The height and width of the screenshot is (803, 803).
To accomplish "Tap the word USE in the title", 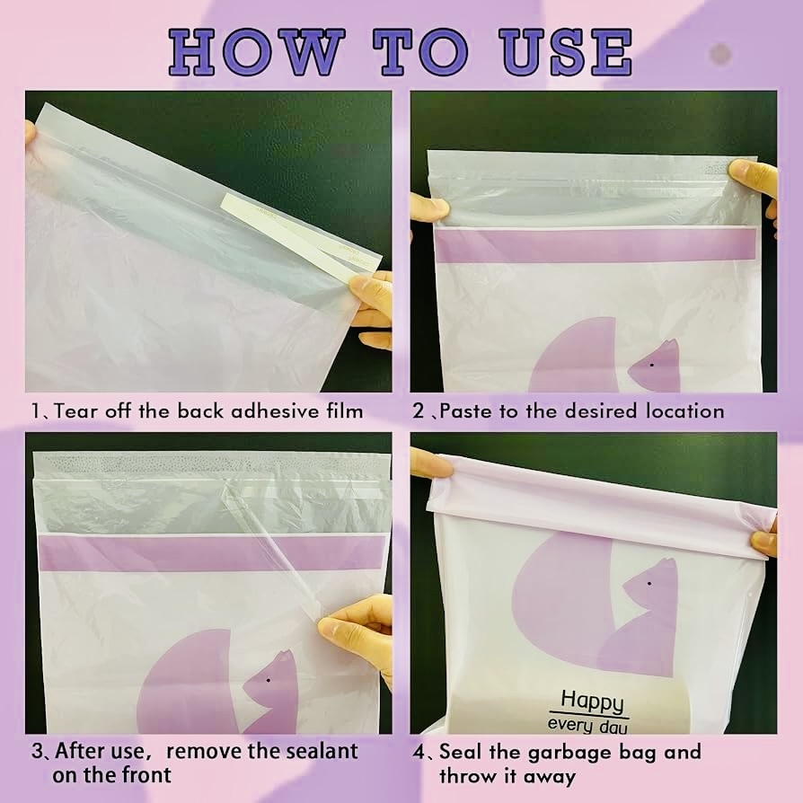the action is (x=565, y=52).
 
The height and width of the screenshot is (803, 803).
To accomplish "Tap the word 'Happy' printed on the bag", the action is (x=592, y=702).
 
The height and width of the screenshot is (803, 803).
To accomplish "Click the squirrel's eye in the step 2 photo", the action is (x=651, y=366).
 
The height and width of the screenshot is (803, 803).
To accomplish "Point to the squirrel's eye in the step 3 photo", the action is (x=268, y=681).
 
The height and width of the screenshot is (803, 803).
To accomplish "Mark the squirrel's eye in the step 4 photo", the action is (x=649, y=583).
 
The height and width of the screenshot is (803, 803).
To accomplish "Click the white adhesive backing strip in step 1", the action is (x=301, y=234).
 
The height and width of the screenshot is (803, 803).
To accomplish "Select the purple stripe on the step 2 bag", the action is (x=596, y=245).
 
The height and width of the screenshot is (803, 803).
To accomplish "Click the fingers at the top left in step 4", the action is (x=433, y=463).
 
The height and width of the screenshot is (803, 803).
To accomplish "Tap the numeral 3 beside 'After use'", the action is (x=37, y=751).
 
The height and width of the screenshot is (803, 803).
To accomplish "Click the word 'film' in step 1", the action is (x=345, y=410).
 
